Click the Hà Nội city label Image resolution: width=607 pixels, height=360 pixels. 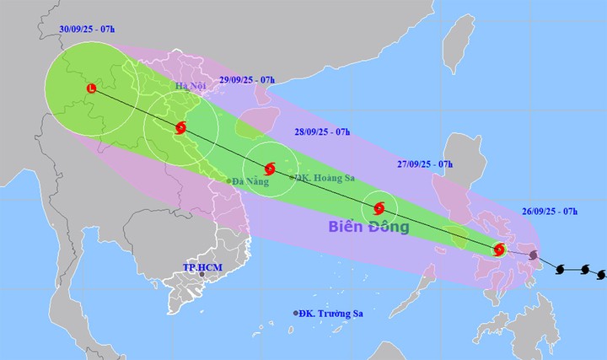tap(191, 87)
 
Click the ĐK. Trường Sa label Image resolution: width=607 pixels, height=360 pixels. tap(332, 314)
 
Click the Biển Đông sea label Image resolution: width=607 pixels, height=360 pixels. tap(371, 228)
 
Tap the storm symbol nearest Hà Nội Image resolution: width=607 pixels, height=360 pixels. tap(181, 128)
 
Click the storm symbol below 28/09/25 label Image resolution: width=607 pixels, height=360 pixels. tap(269, 169)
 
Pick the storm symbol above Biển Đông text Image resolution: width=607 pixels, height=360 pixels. tap(379, 207)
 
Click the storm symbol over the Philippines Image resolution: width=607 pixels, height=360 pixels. tap(499, 250)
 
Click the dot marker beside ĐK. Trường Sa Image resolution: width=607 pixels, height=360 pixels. tap(296, 314)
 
